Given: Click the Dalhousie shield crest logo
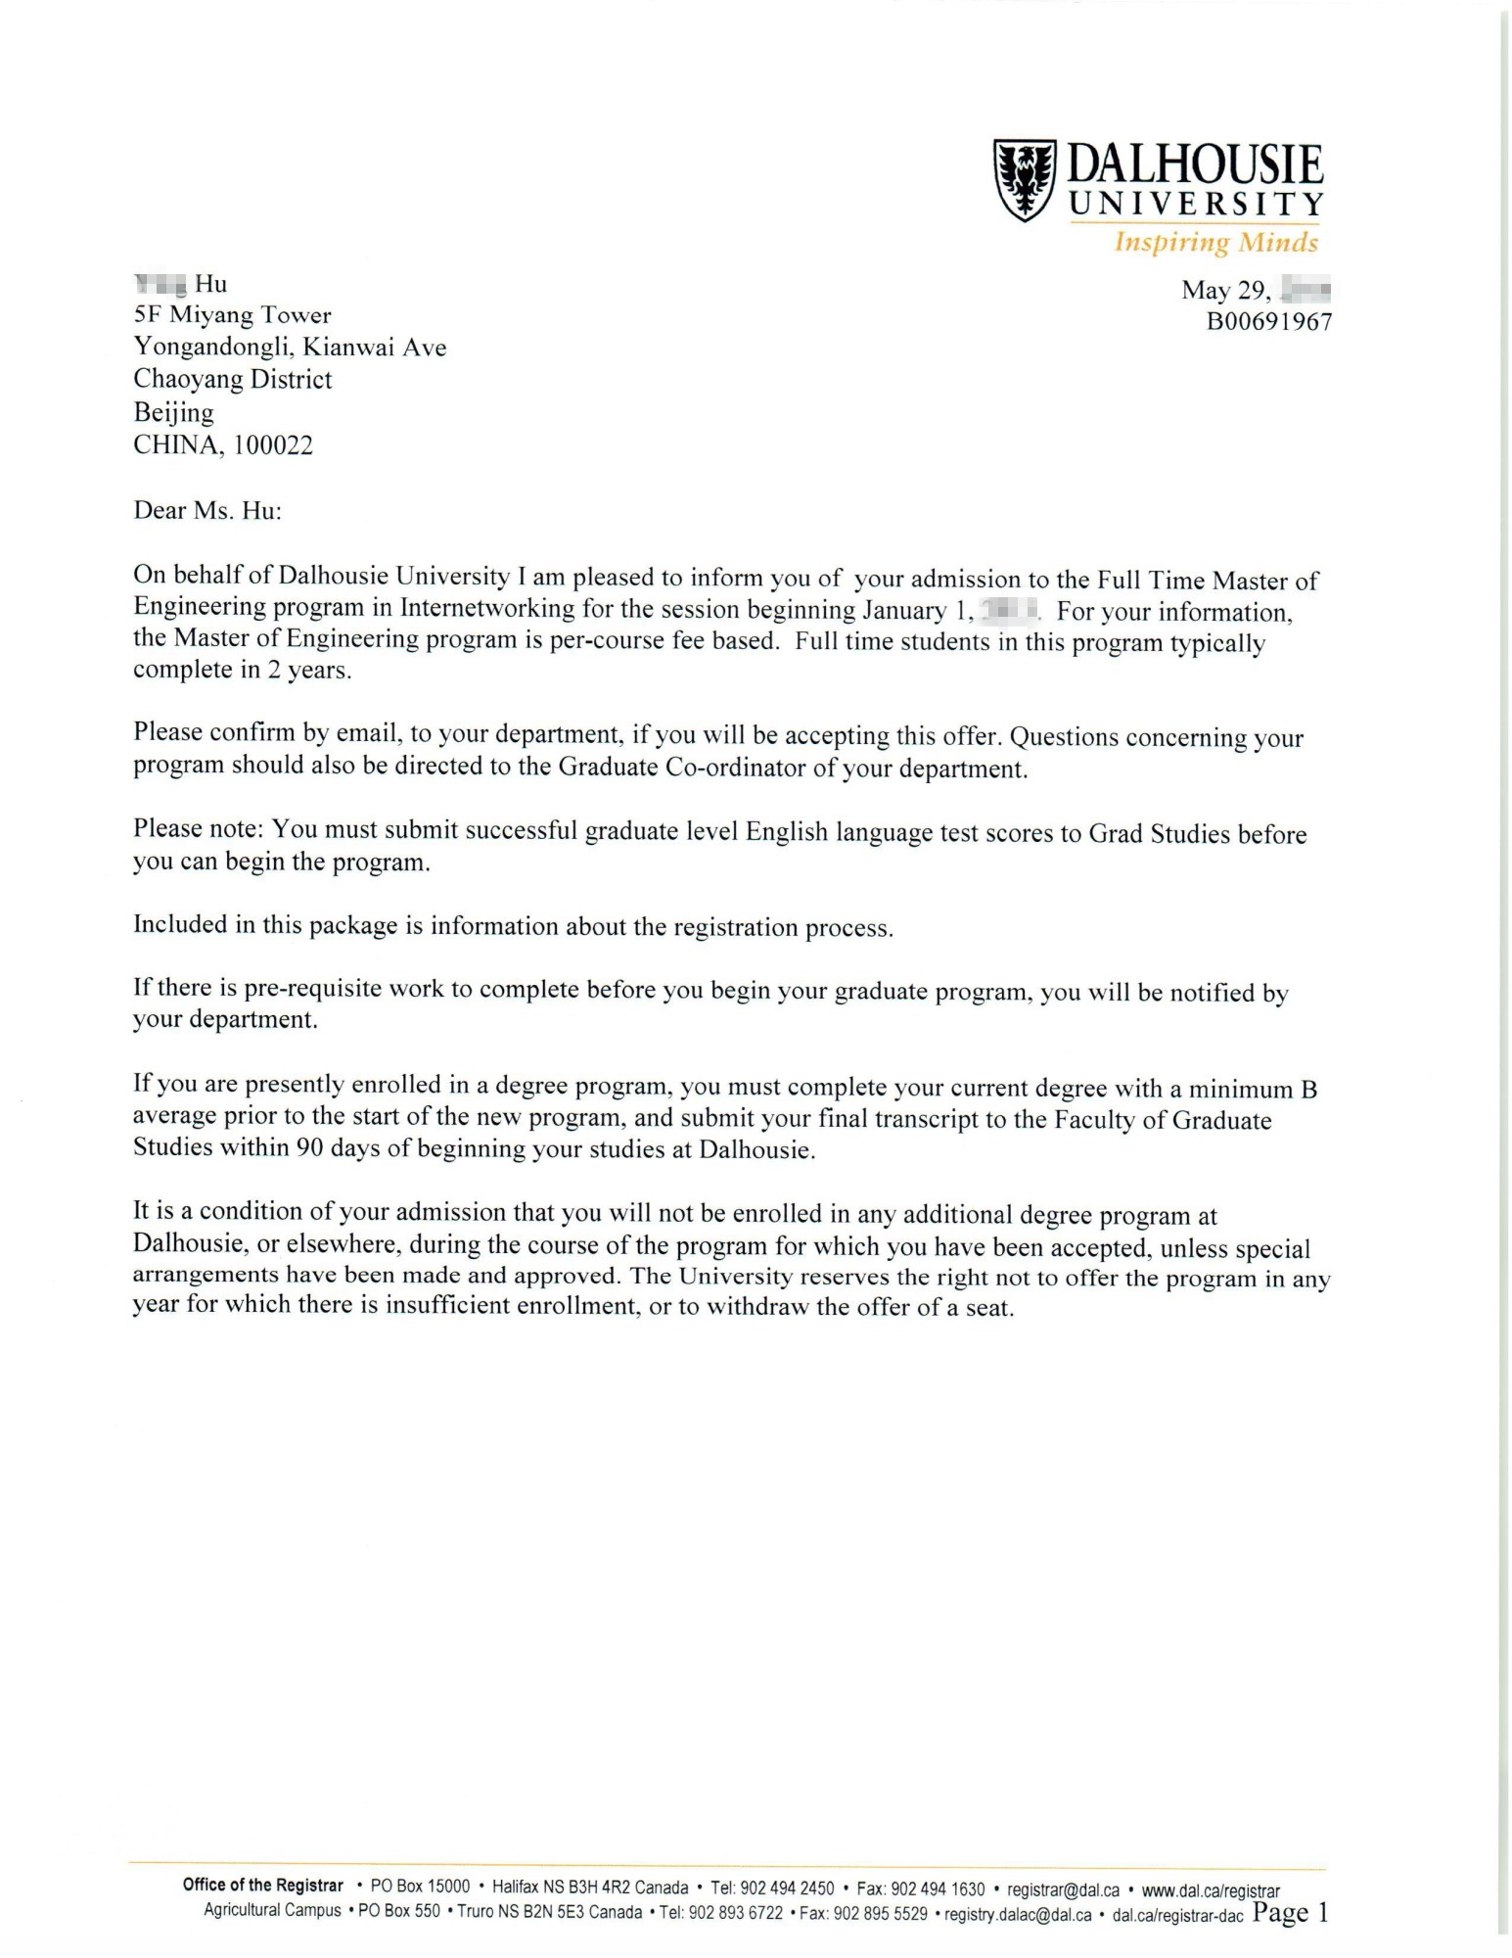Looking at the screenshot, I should click(1025, 180).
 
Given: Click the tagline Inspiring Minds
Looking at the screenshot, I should click(1215, 242).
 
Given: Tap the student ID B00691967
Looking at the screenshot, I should click(1269, 322).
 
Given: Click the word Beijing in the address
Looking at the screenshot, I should click(173, 412).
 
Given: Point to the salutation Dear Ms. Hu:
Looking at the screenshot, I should click(207, 511).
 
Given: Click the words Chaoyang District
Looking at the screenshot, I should click(233, 380).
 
